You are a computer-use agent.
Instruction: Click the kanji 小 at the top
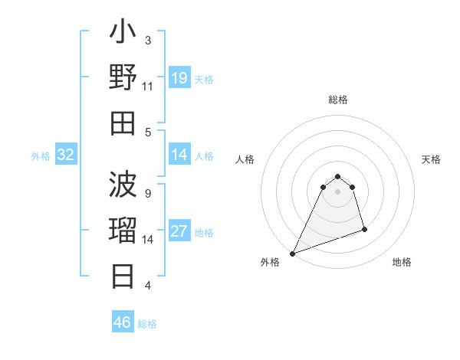click(123, 35)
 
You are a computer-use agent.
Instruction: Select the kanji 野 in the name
click(123, 80)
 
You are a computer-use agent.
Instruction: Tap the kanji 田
click(123, 123)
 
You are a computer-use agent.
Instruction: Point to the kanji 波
click(123, 186)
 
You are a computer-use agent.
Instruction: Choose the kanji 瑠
click(123, 231)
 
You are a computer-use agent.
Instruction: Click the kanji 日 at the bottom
click(123, 276)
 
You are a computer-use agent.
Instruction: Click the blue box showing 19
click(179, 78)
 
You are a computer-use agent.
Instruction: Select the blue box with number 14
click(179, 155)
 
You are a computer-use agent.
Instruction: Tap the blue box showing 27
click(179, 232)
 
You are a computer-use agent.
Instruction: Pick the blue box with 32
click(66, 155)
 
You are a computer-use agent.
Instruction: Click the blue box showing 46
click(122, 322)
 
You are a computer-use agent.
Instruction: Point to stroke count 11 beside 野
click(148, 87)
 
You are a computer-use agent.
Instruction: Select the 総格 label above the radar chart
click(338, 100)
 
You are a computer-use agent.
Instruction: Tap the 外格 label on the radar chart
click(270, 263)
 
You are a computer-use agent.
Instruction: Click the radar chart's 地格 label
click(402, 263)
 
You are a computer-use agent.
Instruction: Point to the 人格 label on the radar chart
click(245, 159)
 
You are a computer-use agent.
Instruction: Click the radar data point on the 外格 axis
click(292, 253)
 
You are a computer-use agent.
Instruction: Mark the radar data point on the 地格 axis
click(364, 229)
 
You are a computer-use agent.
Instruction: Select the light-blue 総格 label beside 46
click(147, 324)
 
